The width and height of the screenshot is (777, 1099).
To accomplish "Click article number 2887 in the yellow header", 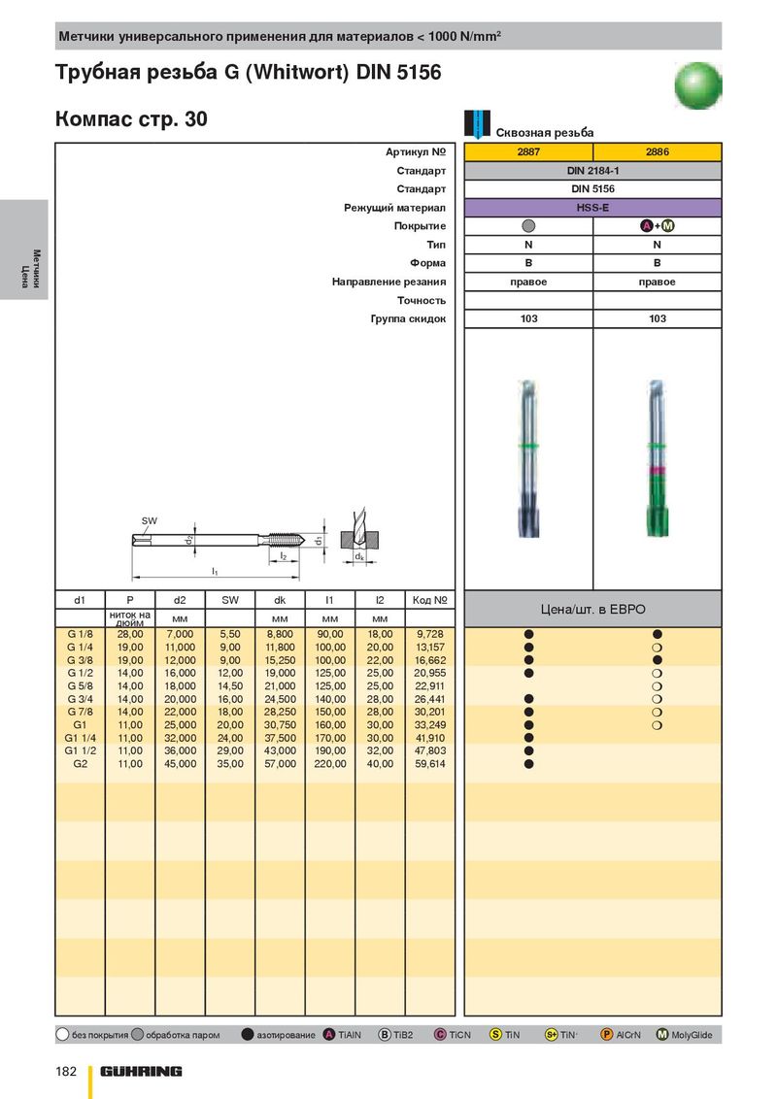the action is pyautogui.click(x=528, y=151).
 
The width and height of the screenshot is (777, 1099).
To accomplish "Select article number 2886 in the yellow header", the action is pyautogui.click(x=658, y=151).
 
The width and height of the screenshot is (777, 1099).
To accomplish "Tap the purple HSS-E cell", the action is pyautogui.click(x=592, y=208).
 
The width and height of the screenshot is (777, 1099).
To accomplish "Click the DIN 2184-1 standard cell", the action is pyautogui.click(x=592, y=170).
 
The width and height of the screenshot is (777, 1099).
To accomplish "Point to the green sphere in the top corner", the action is pyautogui.click(x=697, y=85).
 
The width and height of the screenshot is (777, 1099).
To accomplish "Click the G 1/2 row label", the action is pyautogui.click(x=80, y=673).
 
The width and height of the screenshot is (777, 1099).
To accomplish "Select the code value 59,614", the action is pyautogui.click(x=430, y=764).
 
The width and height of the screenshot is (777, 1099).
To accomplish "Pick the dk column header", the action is pyautogui.click(x=280, y=600).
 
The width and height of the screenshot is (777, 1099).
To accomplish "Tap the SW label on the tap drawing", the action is pyautogui.click(x=150, y=520).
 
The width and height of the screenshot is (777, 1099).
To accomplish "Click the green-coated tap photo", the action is pyautogui.click(x=657, y=459).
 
